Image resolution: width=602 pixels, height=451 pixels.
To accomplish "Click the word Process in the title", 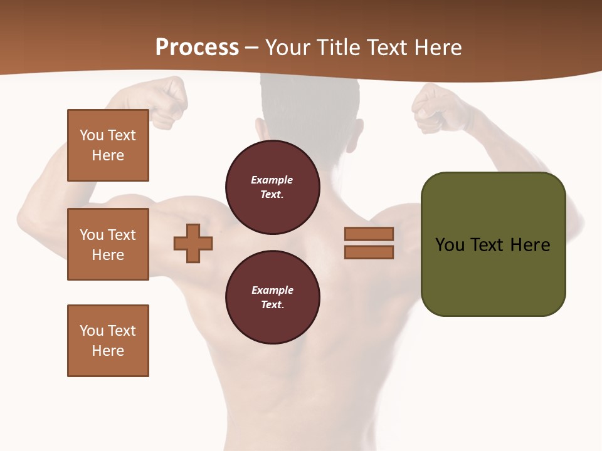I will coord(197,48).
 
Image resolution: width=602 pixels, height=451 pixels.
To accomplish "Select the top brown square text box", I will coord(108,145).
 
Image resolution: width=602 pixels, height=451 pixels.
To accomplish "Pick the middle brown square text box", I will coord(108,244).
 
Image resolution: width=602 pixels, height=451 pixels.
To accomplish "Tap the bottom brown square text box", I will coord(108,341).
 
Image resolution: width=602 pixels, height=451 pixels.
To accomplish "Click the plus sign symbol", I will coord(193,244).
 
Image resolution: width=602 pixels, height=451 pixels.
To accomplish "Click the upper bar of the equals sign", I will coord(369,234).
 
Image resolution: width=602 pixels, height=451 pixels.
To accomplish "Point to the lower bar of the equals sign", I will coord(369,252).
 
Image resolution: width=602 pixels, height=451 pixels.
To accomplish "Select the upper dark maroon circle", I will coord(272,187).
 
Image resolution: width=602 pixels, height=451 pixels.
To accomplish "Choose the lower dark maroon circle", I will coord(272,298).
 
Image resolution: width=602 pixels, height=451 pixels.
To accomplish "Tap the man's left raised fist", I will coord(168,100).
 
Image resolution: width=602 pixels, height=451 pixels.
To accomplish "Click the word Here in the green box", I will coord(530,245).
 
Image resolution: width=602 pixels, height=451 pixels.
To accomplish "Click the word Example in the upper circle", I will coord(272,180).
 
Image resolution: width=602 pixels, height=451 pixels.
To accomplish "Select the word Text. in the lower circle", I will coord(272,305).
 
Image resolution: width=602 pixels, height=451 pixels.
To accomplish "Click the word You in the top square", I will coord(91,135).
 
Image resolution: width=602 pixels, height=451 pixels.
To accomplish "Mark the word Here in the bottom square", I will coord(108,351).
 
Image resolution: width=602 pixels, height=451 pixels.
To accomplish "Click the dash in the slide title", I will coord(252,48).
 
